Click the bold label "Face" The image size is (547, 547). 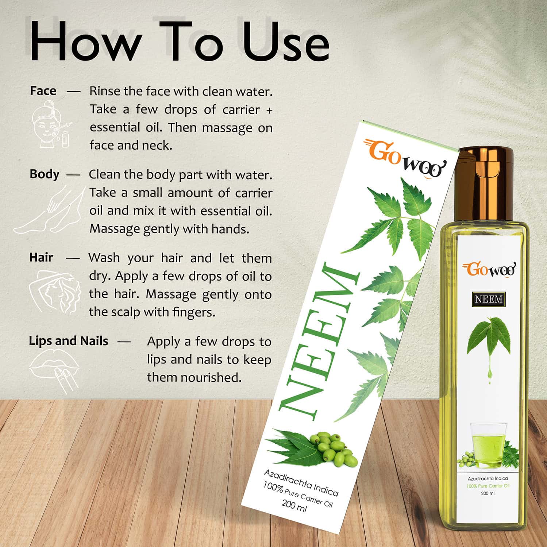[43, 90]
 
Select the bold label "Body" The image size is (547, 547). [44, 174]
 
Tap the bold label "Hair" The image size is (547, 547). [41, 257]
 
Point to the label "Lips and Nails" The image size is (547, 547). [68, 341]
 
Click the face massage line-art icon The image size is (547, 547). [51, 126]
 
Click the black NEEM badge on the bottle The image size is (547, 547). [489, 299]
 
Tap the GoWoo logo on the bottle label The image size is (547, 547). [489, 269]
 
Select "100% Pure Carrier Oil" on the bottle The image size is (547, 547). [488, 486]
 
